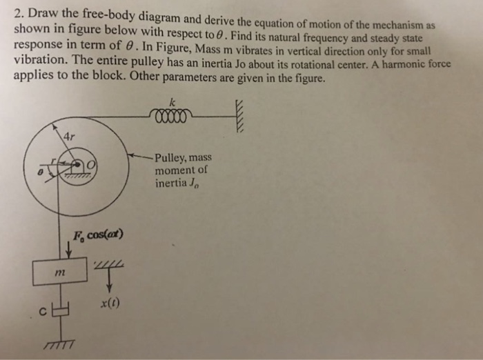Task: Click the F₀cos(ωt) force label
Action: (x=97, y=235)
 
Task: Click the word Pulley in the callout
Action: (x=170, y=158)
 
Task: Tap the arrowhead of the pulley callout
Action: (x=135, y=155)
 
